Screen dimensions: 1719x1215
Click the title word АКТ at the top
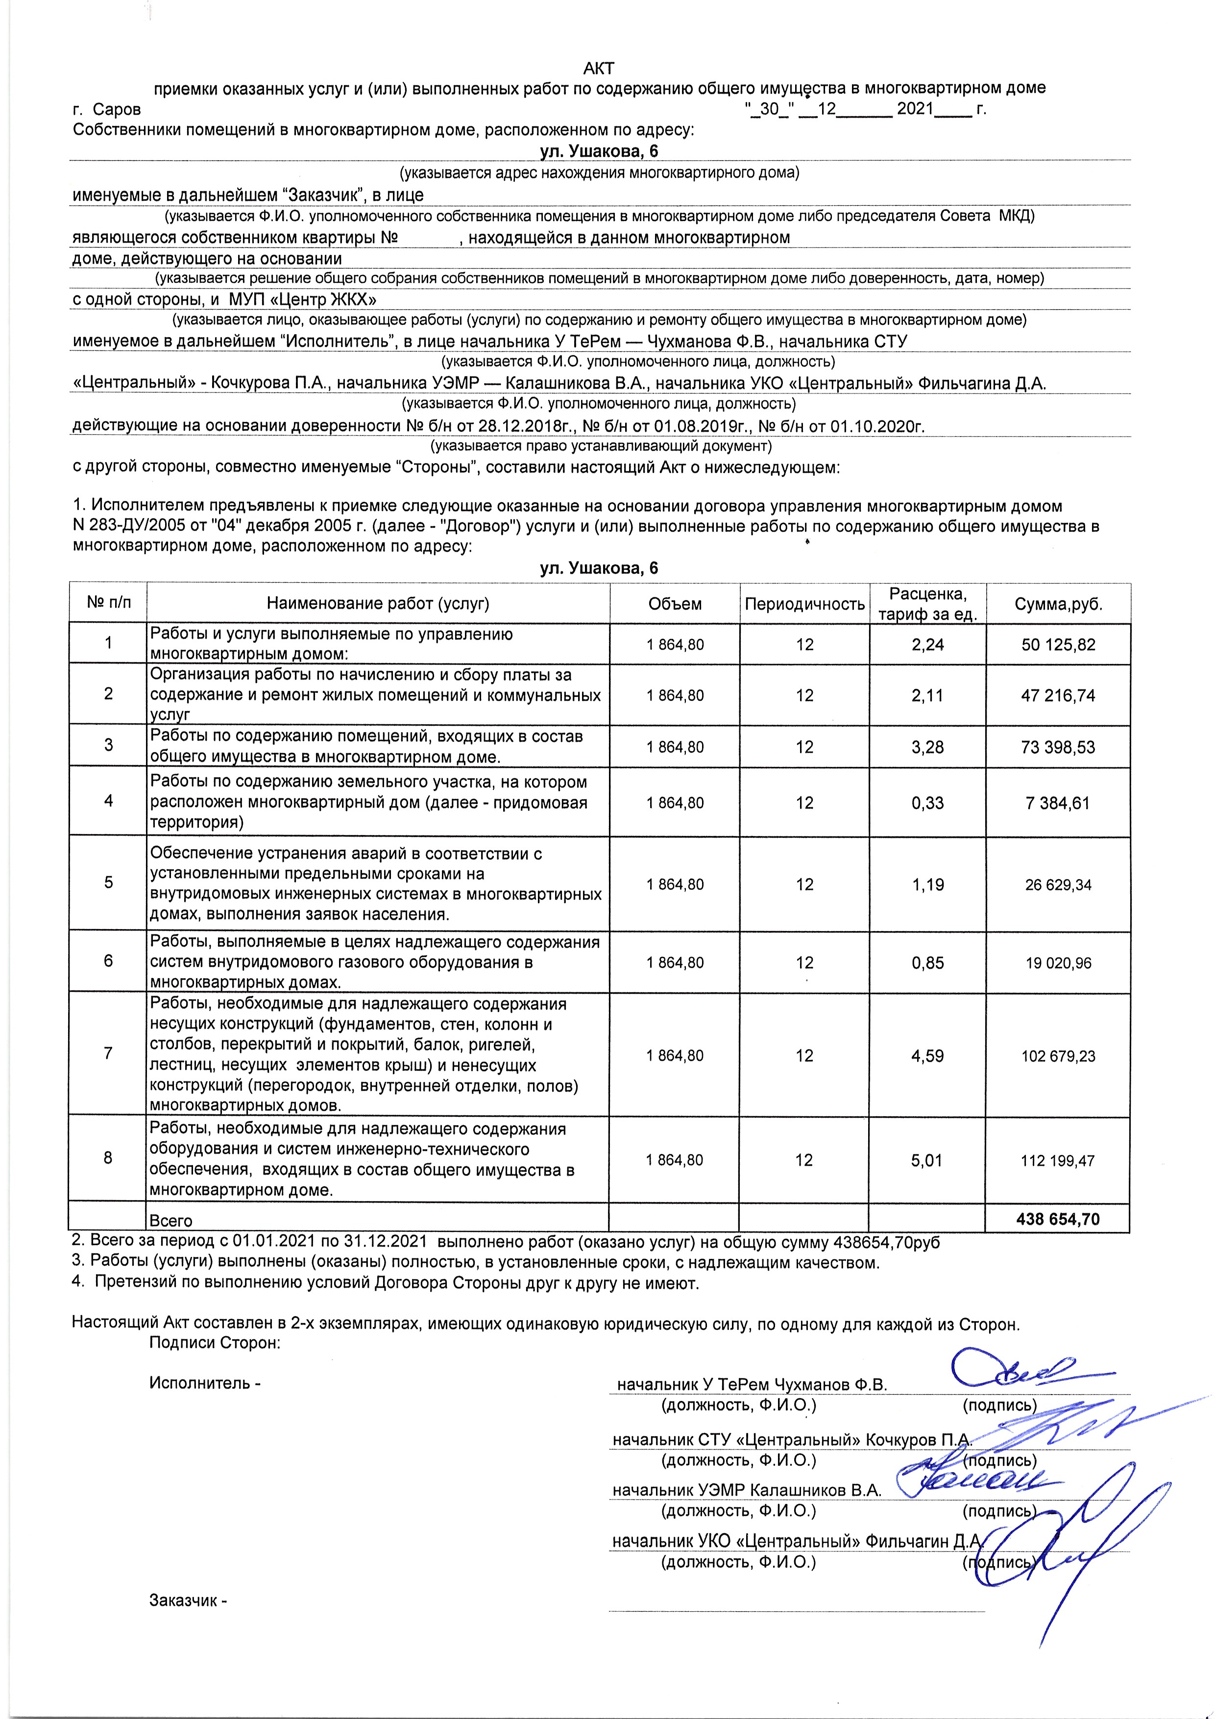(x=599, y=69)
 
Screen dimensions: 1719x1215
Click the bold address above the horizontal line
(x=599, y=151)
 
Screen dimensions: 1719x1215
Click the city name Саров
(x=117, y=109)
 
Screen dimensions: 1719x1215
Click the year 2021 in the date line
(x=915, y=109)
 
